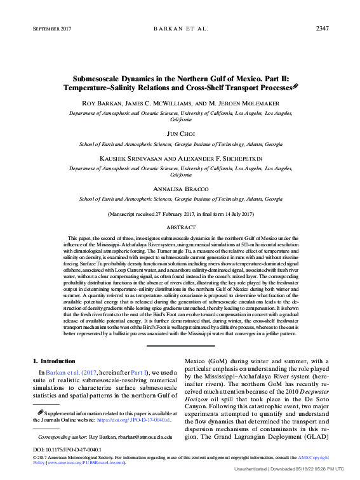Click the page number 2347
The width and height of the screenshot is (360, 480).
(322, 29)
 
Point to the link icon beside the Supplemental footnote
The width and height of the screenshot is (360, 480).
(41, 412)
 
